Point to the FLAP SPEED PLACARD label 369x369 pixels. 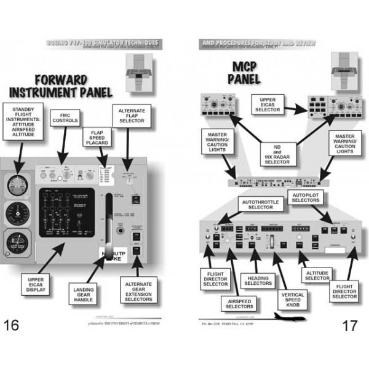click(97, 137)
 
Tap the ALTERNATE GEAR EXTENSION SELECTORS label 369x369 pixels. click(138, 288)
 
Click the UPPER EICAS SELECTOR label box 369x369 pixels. click(268, 105)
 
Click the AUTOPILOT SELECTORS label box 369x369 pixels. click(306, 198)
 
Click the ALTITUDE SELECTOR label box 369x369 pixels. click(317, 275)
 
